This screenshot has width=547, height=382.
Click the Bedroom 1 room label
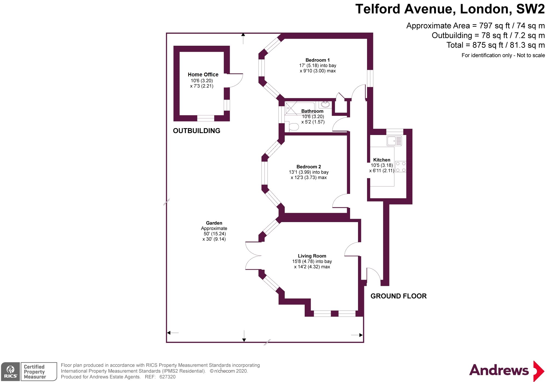318,60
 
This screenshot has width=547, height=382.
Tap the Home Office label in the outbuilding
203,74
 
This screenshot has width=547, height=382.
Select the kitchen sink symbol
394,141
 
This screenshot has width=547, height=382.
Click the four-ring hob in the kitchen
401,167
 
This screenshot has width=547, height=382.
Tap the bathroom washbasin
325,104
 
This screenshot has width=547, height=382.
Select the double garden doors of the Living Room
253,256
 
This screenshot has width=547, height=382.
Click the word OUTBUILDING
196,131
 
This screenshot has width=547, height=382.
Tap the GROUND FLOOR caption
398,296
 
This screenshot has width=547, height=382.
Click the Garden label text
214,223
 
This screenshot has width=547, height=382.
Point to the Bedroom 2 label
309,167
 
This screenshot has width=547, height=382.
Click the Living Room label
312,256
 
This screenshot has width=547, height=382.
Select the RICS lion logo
10,371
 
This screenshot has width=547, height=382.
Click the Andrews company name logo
499,370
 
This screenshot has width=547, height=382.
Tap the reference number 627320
167,377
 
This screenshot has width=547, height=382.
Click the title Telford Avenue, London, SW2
450,9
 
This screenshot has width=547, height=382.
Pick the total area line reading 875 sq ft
495,45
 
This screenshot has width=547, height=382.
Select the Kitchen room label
382,160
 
